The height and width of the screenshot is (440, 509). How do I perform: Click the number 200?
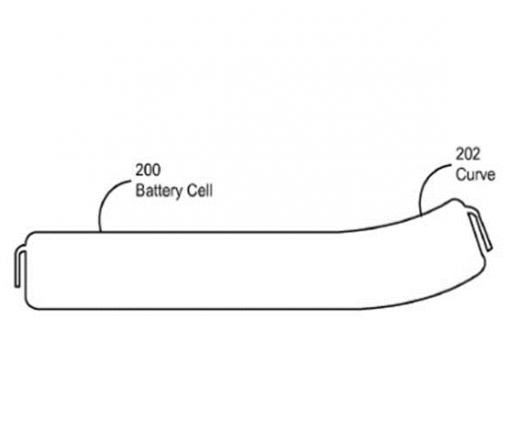(148, 170)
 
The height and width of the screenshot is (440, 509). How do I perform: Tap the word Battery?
(159, 190)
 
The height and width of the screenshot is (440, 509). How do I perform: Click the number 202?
(468, 154)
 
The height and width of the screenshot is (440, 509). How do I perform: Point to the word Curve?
(476, 174)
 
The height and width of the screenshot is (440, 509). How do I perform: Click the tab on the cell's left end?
(21, 268)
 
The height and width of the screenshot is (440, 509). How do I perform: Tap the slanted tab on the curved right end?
(479, 230)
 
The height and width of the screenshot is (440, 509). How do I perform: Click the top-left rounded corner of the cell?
(29, 235)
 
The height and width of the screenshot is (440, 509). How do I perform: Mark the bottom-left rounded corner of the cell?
(30, 306)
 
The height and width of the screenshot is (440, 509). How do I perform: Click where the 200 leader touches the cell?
(100, 231)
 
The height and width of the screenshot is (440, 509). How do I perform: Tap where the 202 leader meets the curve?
(420, 214)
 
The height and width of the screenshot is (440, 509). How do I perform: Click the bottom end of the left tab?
(17, 286)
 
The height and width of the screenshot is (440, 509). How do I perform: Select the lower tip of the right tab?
(490, 249)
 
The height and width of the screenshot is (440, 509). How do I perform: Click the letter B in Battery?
(139, 190)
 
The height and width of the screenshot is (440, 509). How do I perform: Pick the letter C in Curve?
(460, 174)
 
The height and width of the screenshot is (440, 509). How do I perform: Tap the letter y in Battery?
(179, 193)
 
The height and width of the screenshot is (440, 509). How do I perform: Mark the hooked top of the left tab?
(20, 251)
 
